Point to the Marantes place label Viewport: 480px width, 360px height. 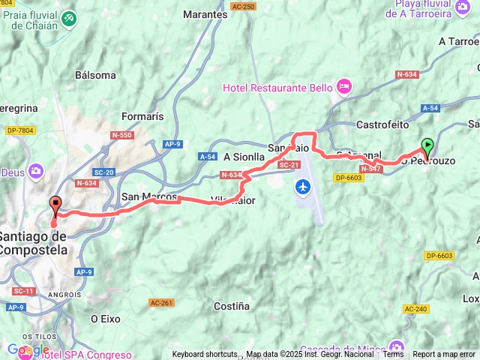point(205,14)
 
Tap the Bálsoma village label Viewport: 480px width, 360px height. point(96,75)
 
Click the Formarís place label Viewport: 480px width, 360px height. point(142,117)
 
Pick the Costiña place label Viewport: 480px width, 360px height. point(232,306)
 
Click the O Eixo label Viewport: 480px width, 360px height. point(106,318)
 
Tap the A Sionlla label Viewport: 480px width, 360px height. point(244,157)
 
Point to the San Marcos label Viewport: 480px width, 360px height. point(149,196)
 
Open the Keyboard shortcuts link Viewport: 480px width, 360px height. point(204,354)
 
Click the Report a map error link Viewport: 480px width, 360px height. point(443,354)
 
